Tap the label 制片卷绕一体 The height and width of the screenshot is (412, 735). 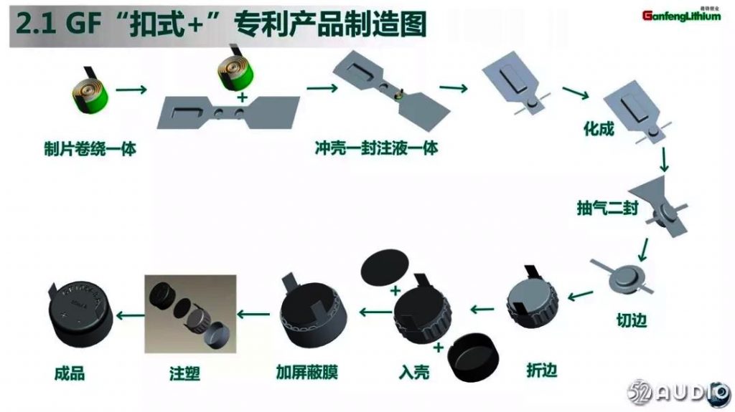click(89, 149)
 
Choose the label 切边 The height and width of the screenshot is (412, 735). click(631, 320)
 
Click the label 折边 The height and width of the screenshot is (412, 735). click(541, 370)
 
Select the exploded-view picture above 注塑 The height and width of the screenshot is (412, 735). click(190, 315)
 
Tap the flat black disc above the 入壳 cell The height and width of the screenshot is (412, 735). click(390, 269)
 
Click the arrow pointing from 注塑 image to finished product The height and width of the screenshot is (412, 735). click(128, 314)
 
